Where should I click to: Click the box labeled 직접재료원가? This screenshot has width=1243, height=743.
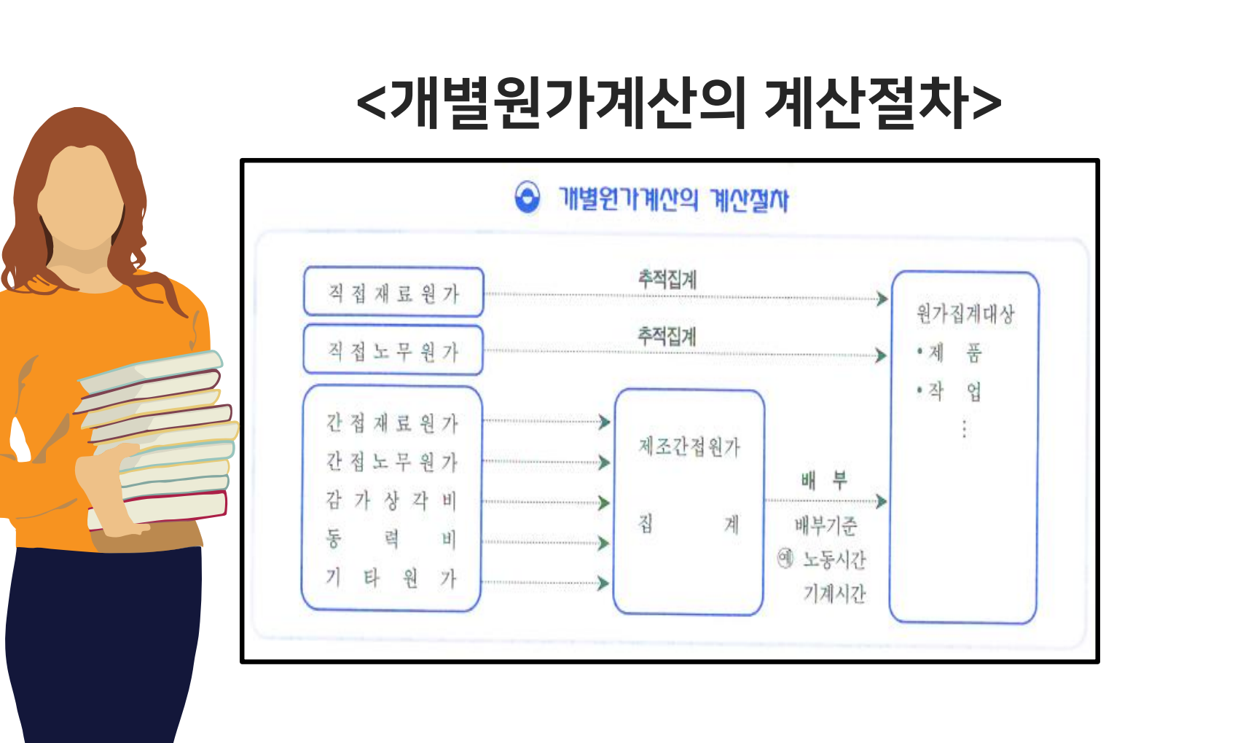point(393,292)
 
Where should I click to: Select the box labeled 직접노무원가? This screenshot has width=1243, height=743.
point(393,350)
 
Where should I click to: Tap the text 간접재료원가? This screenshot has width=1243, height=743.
point(391,422)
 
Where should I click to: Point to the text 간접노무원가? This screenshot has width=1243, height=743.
point(391,461)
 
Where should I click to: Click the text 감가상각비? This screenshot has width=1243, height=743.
point(391,500)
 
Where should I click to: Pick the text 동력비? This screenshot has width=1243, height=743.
point(391,539)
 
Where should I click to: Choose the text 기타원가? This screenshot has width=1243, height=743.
point(391,578)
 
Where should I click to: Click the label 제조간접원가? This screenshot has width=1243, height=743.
point(689,447)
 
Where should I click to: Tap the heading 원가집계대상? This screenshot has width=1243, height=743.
point(965,314)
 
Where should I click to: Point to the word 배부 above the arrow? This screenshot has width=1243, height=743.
point(824,480)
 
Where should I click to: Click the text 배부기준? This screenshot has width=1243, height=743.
point(826,525)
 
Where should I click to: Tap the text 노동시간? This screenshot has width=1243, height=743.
point(834,559)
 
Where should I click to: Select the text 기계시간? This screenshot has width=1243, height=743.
point(834,594)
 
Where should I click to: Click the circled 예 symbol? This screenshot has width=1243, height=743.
point(785,558)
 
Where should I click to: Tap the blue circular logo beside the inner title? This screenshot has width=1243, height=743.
point(528,197)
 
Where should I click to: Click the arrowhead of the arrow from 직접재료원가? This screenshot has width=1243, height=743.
point(882,299)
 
